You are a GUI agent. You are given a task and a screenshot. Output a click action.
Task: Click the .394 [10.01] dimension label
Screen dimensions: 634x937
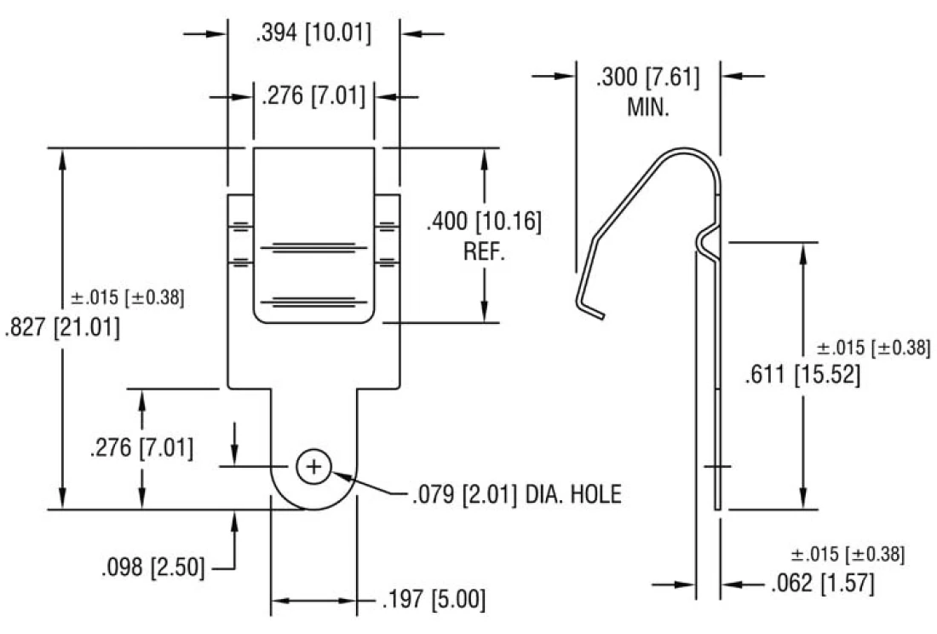tap(313, 34)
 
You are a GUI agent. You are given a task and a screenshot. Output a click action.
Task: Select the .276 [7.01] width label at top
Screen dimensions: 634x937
tap(313, 96)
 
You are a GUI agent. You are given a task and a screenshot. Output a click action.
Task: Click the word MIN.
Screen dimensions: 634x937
tap(649, 107)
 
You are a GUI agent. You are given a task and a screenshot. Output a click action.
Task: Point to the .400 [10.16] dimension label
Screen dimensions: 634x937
tap(484, 222)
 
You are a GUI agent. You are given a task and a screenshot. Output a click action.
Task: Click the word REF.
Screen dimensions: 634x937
tap(485, 252)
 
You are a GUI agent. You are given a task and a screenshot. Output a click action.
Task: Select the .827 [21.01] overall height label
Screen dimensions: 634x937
tap(62, 327)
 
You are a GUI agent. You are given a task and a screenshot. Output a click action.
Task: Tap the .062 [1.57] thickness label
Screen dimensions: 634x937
tap(822, 585)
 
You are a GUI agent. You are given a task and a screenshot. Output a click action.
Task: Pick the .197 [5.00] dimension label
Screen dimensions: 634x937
tap(434, 600)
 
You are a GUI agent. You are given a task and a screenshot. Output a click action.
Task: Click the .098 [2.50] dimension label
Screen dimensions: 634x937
tap(152, 568)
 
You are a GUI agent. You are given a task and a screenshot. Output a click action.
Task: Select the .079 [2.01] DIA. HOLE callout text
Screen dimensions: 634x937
tap(516, 494)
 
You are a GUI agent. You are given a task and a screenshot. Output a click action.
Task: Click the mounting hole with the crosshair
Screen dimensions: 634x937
tap(313, 466)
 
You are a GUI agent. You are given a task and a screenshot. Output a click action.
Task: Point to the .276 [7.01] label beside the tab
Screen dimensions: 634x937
tap(141, 448)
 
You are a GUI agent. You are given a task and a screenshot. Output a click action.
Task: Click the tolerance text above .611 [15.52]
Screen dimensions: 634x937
tap(873, 348)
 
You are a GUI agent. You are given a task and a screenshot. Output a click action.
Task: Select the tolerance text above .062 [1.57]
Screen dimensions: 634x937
tap(848, 555)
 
